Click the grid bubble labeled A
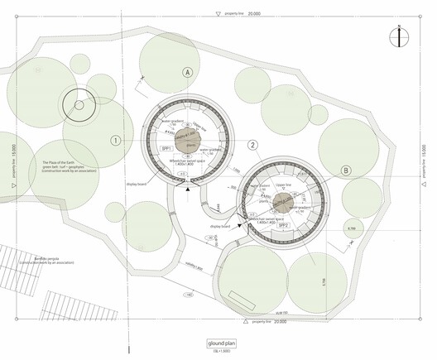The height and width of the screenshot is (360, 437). point(189,74)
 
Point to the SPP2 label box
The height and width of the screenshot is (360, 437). point(306,223)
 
